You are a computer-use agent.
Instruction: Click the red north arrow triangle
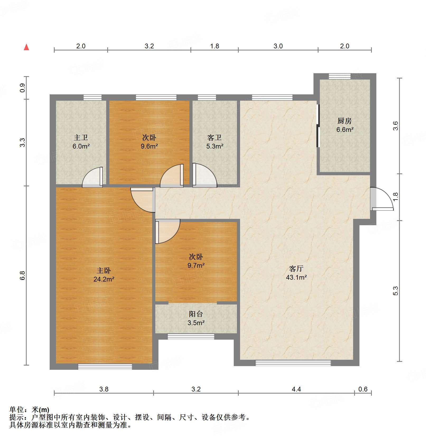26,47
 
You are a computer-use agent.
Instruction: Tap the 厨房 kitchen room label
344,121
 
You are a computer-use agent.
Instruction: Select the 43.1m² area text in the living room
296,277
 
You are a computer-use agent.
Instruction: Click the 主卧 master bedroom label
104,270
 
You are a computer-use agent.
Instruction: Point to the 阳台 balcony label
196,314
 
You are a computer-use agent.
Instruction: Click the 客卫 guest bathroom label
214,137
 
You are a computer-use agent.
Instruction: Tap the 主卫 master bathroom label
81,137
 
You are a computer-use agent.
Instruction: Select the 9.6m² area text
149,146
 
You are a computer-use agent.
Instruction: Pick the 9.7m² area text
196,265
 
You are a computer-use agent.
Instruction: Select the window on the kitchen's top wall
340,76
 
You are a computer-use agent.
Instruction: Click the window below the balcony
191,336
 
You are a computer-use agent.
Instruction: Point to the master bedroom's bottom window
105,367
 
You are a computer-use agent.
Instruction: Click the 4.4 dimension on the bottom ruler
296,389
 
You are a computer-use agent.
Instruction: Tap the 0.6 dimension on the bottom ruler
363,389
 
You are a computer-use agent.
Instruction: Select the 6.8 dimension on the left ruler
22,275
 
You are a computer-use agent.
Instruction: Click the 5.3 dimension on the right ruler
395,291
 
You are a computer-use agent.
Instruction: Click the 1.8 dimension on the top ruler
214,46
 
